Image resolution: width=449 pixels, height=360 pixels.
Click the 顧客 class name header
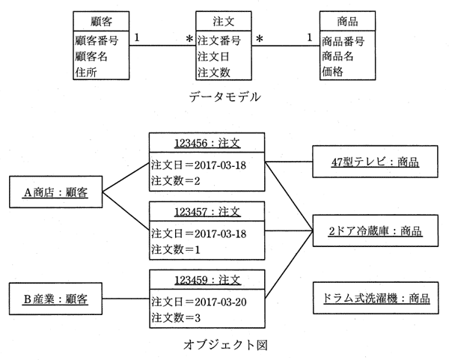click(x=101, y=21)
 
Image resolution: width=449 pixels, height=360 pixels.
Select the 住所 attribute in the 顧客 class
click(x=86, y=72)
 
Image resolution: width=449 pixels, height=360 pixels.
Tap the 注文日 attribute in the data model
click(x=213, y=56)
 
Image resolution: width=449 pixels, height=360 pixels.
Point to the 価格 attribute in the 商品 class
click(x=332, y=71)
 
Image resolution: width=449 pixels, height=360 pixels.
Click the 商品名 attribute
click(x=337, y=56)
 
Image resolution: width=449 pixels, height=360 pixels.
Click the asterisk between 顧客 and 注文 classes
click(x=189, y=39)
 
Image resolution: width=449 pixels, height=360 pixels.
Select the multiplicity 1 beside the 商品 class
click(x=309, y=37)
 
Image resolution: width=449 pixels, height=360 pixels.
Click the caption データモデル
click(x=224, y=97)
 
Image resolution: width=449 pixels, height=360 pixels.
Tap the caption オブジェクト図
click(x=225, y=344)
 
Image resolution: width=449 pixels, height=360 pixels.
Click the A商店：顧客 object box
click(x=56, y=192)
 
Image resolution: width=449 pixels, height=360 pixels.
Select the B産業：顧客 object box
click(x=55, y=299)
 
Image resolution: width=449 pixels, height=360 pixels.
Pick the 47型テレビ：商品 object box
click(x=375, y=162)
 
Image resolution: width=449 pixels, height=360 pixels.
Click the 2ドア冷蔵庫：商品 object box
click(x=376, y=231)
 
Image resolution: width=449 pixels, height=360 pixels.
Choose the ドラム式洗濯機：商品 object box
click(x=376, y=298)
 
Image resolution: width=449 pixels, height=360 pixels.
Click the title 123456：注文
click(x=207, y=143)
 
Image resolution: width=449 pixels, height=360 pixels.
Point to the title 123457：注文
click(x=207, y=212)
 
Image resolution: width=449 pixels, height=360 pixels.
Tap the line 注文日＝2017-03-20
click(x=199, y=302)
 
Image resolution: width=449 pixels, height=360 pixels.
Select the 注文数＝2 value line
click(x=176, y=180)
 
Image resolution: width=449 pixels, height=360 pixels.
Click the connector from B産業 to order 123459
click(x=126, y=299)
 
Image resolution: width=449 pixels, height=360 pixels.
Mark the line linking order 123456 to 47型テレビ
click(x=289, y=162)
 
